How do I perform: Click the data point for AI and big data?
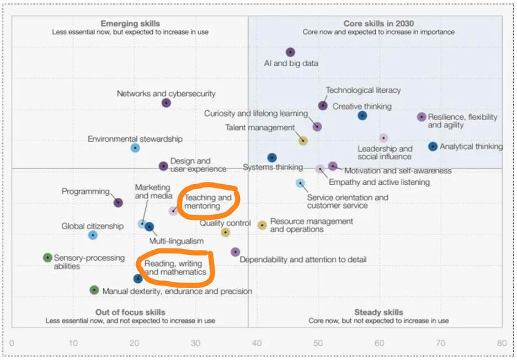click(x=291, y=52)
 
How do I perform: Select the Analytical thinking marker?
click(x=433, y=147)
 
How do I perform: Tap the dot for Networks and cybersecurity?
click(x=166, y=103)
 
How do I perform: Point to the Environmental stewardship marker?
click(x=135, y=148)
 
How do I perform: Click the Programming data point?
click(x=118, y=203)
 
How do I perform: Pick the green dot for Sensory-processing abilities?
click(x=48, y=257)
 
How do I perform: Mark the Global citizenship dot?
click(x=93, y=235)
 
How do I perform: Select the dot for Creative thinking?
click(x=362, y=116)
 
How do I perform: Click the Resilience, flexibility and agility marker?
click(x=422, y=117)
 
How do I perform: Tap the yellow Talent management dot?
click(x=303, y=141)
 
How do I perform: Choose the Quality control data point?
click(x=225, y=233)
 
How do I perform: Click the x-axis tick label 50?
click(x=318, y=343)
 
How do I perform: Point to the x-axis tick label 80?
click(x=502, y=343)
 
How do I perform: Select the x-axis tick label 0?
click(x=12, y=343)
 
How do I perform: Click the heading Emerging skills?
click(x=130, y=24)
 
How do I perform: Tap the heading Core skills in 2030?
click(x=379, y=24)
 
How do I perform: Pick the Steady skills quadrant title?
click(x=379, y=313)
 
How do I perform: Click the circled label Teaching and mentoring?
click(x=207, y=202)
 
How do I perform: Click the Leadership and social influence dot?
click(x=383, y=138)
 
